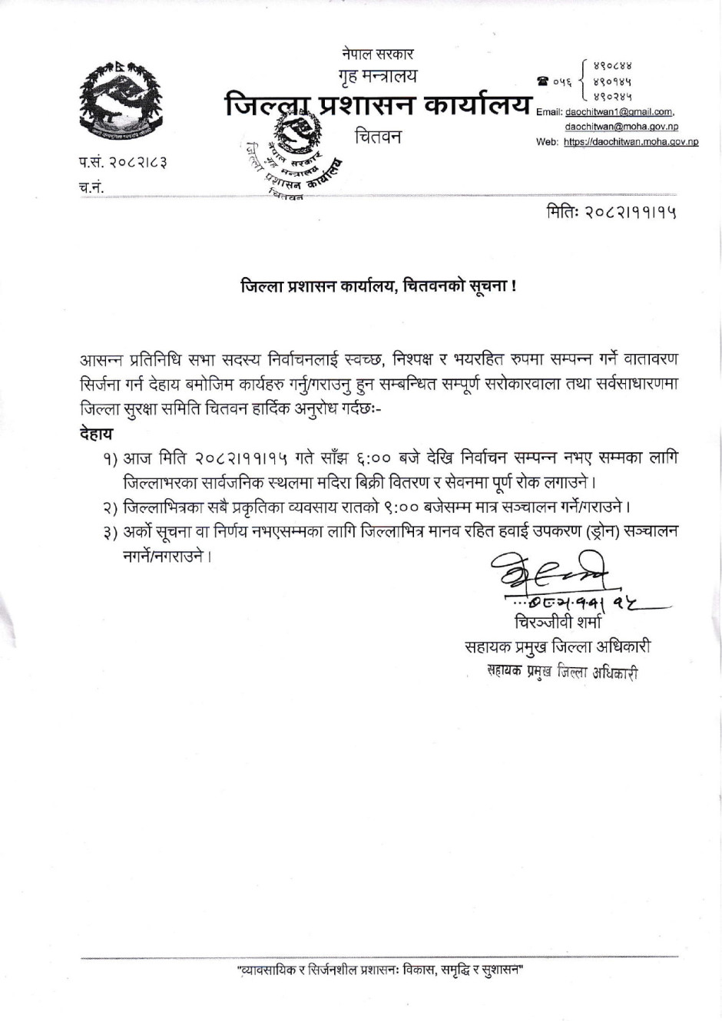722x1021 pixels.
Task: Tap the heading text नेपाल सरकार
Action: [378, 55]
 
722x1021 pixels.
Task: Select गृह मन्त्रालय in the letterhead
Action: [378, 78]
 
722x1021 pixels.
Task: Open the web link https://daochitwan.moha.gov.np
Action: [630, 141]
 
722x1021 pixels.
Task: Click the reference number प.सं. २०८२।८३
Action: [123, 162]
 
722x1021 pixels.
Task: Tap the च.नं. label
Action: [91, 188]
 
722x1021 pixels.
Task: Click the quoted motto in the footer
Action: [379, 971]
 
